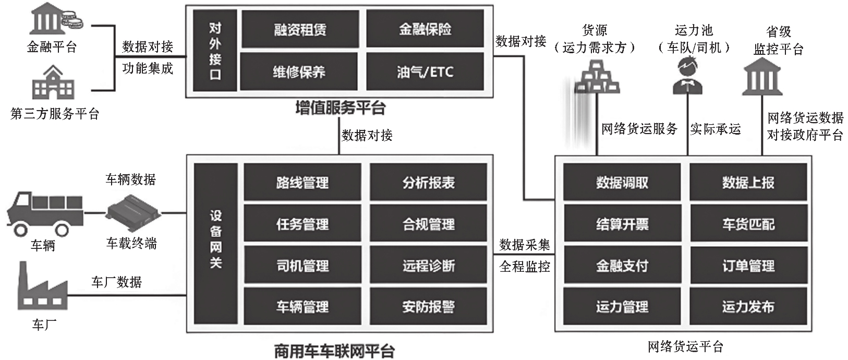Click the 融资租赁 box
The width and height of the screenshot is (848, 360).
pos(300,29)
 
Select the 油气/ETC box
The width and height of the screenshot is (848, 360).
pos(425,71)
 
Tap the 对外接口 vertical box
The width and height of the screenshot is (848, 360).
pos(215,51)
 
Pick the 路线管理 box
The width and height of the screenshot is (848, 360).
pos(302,183)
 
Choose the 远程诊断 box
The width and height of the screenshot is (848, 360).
pos(429,266)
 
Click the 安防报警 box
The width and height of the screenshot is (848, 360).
pos(429,307)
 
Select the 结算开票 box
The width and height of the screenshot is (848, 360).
pos(622,224)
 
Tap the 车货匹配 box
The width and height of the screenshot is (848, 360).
pos(748,224)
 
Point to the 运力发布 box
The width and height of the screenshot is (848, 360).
pos(748,307)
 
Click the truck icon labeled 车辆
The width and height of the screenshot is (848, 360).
pos(44,214)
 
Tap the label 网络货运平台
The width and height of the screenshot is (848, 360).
pos(685,346)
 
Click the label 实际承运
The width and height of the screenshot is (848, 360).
pos(716,129)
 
